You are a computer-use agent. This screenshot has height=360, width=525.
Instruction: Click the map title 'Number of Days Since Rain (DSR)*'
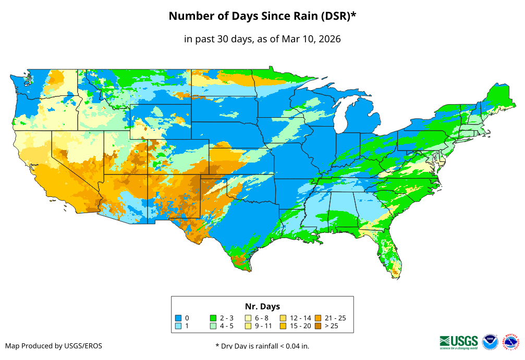pos(262,16)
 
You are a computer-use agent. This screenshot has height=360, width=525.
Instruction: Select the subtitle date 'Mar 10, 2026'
pos(311,39)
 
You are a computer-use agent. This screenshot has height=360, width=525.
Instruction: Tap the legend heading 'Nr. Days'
pos(262,306)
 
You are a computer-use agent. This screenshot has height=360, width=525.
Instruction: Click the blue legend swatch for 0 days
pos(178,318)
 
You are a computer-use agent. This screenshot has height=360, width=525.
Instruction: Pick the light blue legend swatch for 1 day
pos(178,326)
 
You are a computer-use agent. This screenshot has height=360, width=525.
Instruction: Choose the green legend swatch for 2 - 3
pos(213,318)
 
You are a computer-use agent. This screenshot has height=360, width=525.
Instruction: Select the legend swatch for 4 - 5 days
pos(213,326)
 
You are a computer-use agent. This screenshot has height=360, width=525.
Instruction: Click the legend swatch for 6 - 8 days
pos(248,318)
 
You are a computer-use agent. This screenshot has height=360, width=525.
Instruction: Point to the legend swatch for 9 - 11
pos(248,326)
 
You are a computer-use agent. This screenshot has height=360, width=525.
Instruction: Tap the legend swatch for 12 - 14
pos(283,318)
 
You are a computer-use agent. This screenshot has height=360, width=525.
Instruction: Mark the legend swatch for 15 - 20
pos(283,326)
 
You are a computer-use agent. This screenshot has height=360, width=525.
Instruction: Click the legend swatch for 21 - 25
pos(318,318)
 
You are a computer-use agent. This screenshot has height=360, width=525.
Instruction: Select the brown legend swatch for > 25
pos(318,326)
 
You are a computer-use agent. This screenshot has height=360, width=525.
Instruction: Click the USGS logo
pos(459,342)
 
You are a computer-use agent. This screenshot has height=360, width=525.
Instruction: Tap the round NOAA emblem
pos(490,342)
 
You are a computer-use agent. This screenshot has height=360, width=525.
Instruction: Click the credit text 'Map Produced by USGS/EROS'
pos(54,346)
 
